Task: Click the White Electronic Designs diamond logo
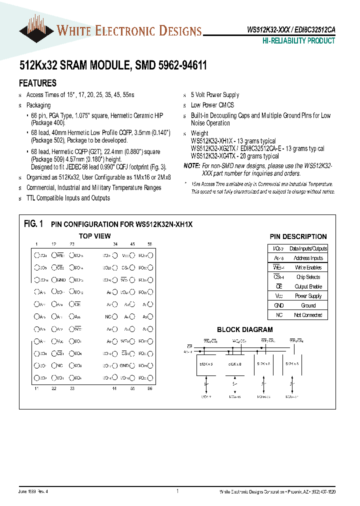[x=36, y=31]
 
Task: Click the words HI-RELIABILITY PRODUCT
[x=298, y=41]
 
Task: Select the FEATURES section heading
[x=37, y=83]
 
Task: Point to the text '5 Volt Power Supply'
[x=215, y=94]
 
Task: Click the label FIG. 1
[x=34, y=224]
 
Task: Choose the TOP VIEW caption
[x=95, y=236]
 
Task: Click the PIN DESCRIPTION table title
[x=298, y=236]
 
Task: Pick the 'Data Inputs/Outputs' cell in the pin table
[x=308, y=248]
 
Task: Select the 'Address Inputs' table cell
[x=308, y=258]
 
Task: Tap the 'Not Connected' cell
[x=308, y=315]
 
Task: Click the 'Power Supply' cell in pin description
[x=308, y=296]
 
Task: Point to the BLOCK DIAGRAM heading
[x=245, y=329]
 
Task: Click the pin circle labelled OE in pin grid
[x=71, y=304]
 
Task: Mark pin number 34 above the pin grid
[x=115, y=244]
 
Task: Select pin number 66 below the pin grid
[x=149, y=388]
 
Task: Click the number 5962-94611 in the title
[x=178, y=65]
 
